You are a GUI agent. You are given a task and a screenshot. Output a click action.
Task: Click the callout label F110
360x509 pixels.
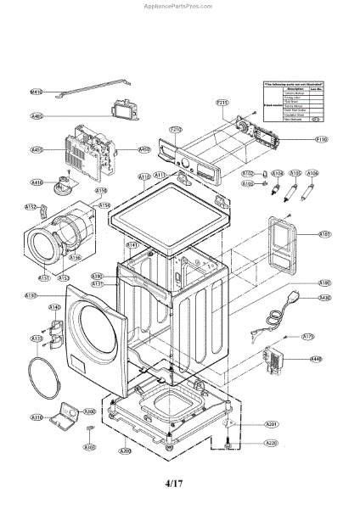click(322, 138)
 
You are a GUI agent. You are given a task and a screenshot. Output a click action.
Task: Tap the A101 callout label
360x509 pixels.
click(324, 233)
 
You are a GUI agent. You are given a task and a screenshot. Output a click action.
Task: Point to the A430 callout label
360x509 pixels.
click(324, 298)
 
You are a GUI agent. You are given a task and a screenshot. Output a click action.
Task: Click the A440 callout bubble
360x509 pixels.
click(316, 359)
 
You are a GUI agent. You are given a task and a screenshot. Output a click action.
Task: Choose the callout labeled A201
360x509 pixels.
click(271, 423)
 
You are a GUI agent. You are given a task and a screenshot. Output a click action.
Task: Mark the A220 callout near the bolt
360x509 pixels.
click(271, 444)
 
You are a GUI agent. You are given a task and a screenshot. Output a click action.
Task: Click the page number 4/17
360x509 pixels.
click(173, 484)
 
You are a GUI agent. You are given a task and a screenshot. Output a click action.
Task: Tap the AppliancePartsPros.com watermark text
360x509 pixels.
click(179, 4)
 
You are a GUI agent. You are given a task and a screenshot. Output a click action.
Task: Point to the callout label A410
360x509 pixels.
click(37, 182)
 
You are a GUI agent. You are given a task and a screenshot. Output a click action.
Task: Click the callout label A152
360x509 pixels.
click(31, 207)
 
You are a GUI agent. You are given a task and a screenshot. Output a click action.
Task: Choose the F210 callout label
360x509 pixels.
click(176, 130)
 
